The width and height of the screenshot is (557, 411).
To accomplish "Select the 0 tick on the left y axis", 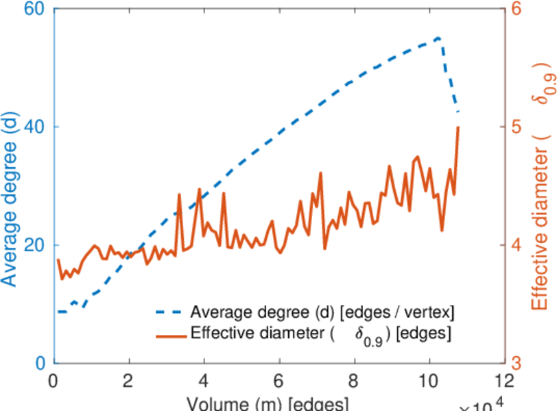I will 39,363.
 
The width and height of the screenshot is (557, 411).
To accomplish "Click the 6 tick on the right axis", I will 517,10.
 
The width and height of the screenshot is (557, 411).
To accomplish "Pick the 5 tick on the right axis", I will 517,127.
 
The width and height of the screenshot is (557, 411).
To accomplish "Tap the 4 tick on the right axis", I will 517,245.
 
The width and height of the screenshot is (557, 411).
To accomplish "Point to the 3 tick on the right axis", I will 517,363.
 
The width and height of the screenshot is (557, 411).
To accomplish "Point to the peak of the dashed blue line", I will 438,37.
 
